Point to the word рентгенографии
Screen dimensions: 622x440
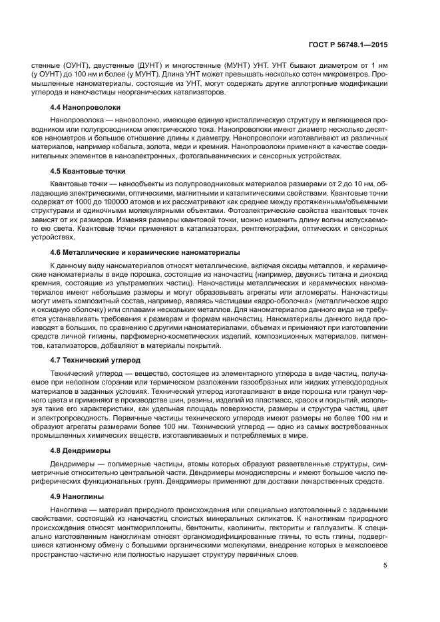click(x=258, y=228)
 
